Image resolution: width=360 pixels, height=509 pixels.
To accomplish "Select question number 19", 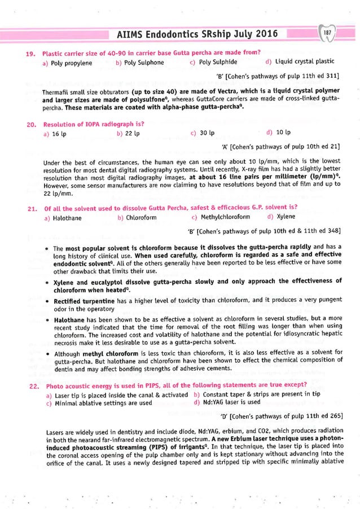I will click(31, 54).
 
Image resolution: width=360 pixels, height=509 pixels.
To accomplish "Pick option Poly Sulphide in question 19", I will click(217, 63).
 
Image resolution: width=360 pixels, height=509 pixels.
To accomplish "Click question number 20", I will click(31, 124).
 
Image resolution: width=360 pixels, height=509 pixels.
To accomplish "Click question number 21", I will click(31, 209).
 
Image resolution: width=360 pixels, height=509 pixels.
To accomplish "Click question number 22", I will click(31, 386).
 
